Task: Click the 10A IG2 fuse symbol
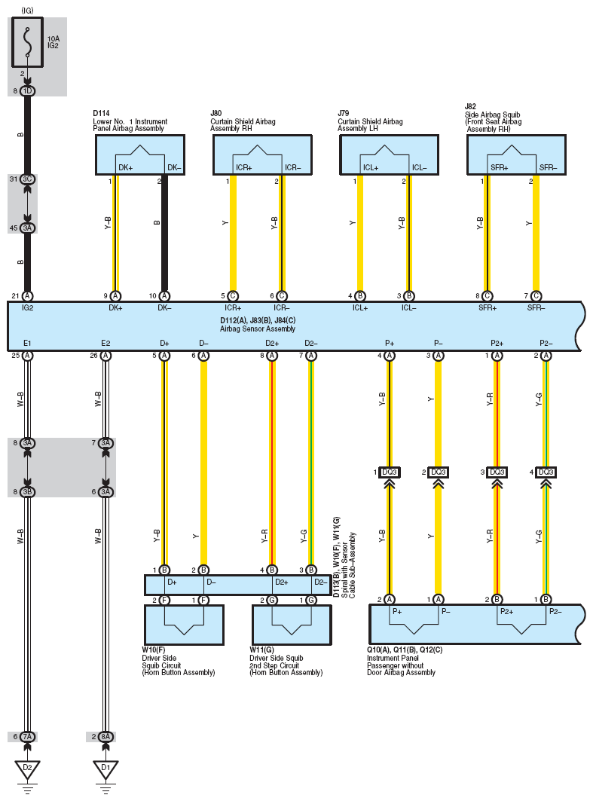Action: coord(27,42)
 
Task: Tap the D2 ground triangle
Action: coord(28,769)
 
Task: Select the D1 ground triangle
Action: coord(105,769)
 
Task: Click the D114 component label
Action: coord(101,113)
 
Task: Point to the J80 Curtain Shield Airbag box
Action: coord(262,154)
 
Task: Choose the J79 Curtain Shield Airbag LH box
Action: coord(390,154)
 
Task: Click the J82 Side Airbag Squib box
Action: coord(516,154)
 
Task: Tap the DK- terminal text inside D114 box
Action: coord(174,167)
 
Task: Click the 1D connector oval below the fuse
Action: coord(28,91)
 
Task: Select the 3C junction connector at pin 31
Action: coord(28,179)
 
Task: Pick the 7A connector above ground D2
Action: coord(28,737)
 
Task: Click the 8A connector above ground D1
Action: coord(105,737)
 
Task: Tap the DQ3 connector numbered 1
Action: coord(390,472)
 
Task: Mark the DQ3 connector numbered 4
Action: coord(546,472)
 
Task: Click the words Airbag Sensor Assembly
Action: coord(258,329)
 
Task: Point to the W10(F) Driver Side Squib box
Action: coord(184,625)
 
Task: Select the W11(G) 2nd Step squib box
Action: coord(292,625)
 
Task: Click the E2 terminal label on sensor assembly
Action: coord(105,344)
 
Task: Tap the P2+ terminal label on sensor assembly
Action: coord(497,344)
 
